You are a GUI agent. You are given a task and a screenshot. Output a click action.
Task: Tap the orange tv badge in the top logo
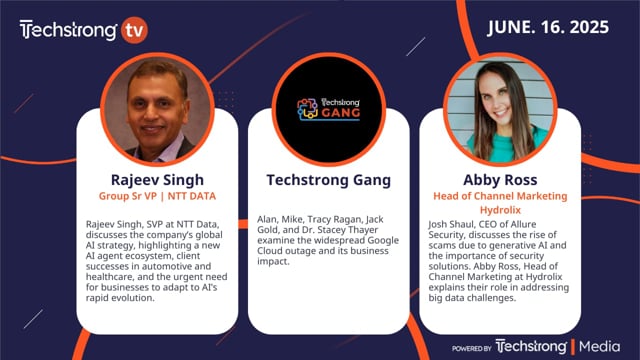[x=133, y=30]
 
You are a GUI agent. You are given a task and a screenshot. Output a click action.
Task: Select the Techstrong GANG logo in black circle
[x=320, y=110]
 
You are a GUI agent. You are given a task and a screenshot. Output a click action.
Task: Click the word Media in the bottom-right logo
[x=603, y=347]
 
